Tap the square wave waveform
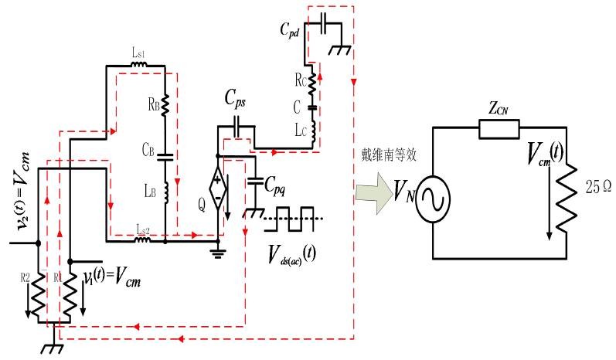[293, 217]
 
